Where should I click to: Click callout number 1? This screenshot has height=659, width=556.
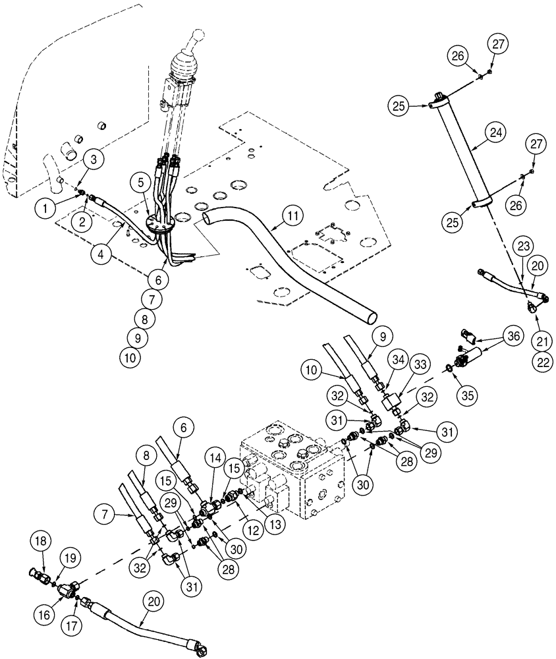[45, 210]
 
